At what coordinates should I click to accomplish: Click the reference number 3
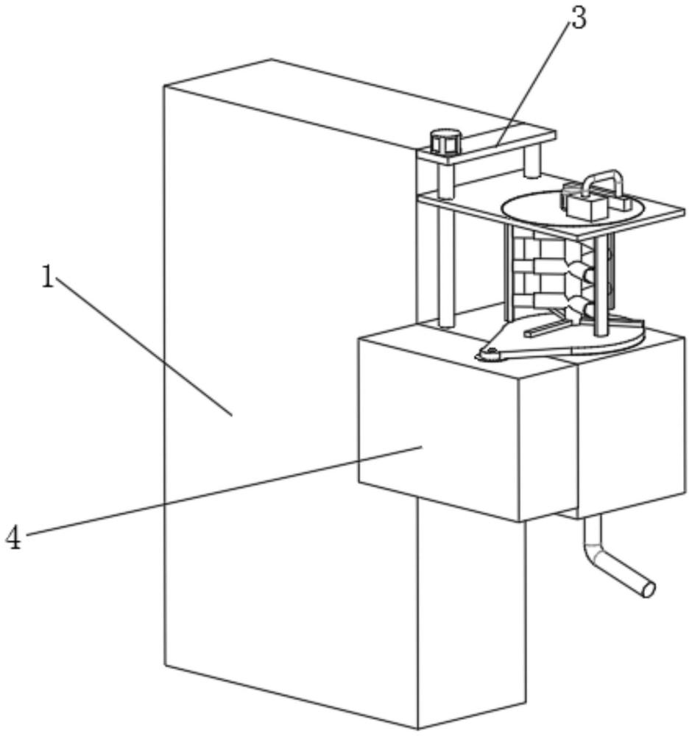[x=579, y=18]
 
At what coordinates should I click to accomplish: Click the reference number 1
[x=47, y=277]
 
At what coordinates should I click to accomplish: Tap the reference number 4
[x=13, y=537]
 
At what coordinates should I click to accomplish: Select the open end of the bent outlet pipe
[x=648, y=590]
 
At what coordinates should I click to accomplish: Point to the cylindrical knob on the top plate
[x=445, y=141]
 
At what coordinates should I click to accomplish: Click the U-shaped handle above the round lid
[x=602, y=184]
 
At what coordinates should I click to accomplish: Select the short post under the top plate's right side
[x=532, y=161]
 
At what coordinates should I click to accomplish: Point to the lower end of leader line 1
[x=232, y=415]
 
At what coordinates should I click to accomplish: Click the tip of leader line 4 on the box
[x=422, y=447]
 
